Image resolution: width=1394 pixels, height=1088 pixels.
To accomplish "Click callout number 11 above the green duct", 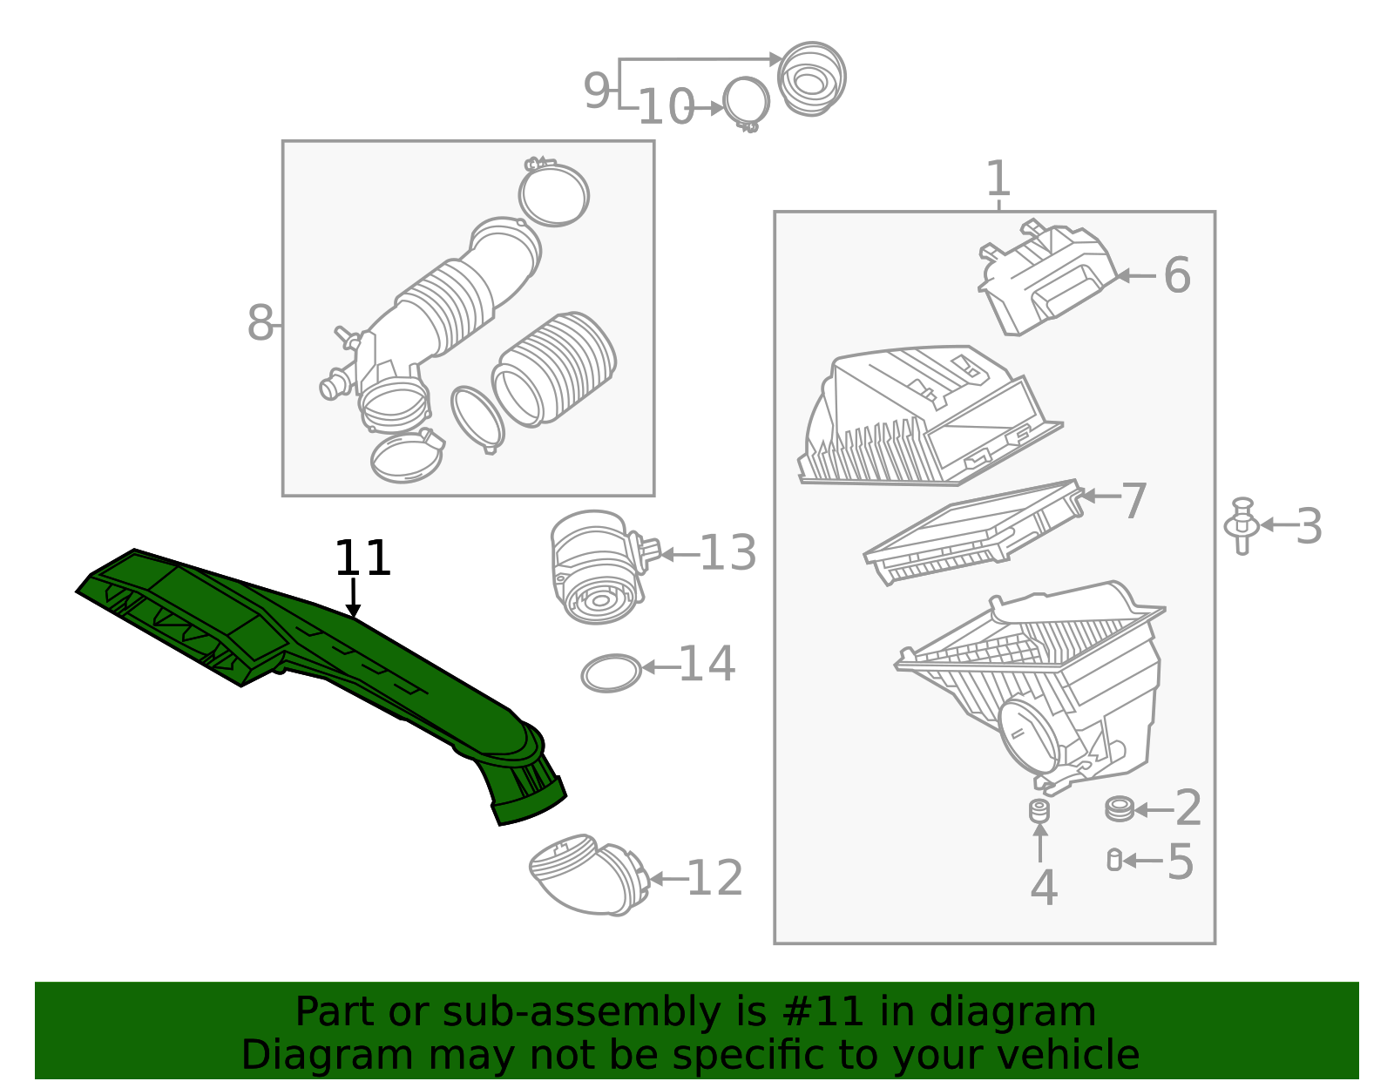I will click(x=362, y=558).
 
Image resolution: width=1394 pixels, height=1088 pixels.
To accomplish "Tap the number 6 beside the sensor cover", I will click(x=1176, y=275).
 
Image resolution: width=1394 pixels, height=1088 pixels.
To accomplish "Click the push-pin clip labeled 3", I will click(x=1242, y=525).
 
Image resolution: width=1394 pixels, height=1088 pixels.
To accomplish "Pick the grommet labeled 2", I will click(x=1119, y=808).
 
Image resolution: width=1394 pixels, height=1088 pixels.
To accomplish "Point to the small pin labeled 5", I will click(x=1113, y=860).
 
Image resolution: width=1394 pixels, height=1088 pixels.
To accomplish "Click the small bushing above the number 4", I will click(x=1039, y=811).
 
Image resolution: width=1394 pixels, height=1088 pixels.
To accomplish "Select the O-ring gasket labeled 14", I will click(x=612, y=673).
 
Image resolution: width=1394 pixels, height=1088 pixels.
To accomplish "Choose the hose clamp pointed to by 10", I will click(x=746, y=103).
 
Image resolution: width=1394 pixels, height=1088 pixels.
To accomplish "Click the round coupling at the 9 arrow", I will click(x=811, y=78).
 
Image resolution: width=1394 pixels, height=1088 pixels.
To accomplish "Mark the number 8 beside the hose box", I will click(x=260, y=323).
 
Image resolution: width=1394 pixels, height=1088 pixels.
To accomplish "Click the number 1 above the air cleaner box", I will click(x=998, y=179).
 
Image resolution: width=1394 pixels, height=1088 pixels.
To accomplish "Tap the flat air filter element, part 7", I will click(x=971, y=531).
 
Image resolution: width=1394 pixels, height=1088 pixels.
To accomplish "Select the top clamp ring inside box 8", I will click(x=553, y=193).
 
